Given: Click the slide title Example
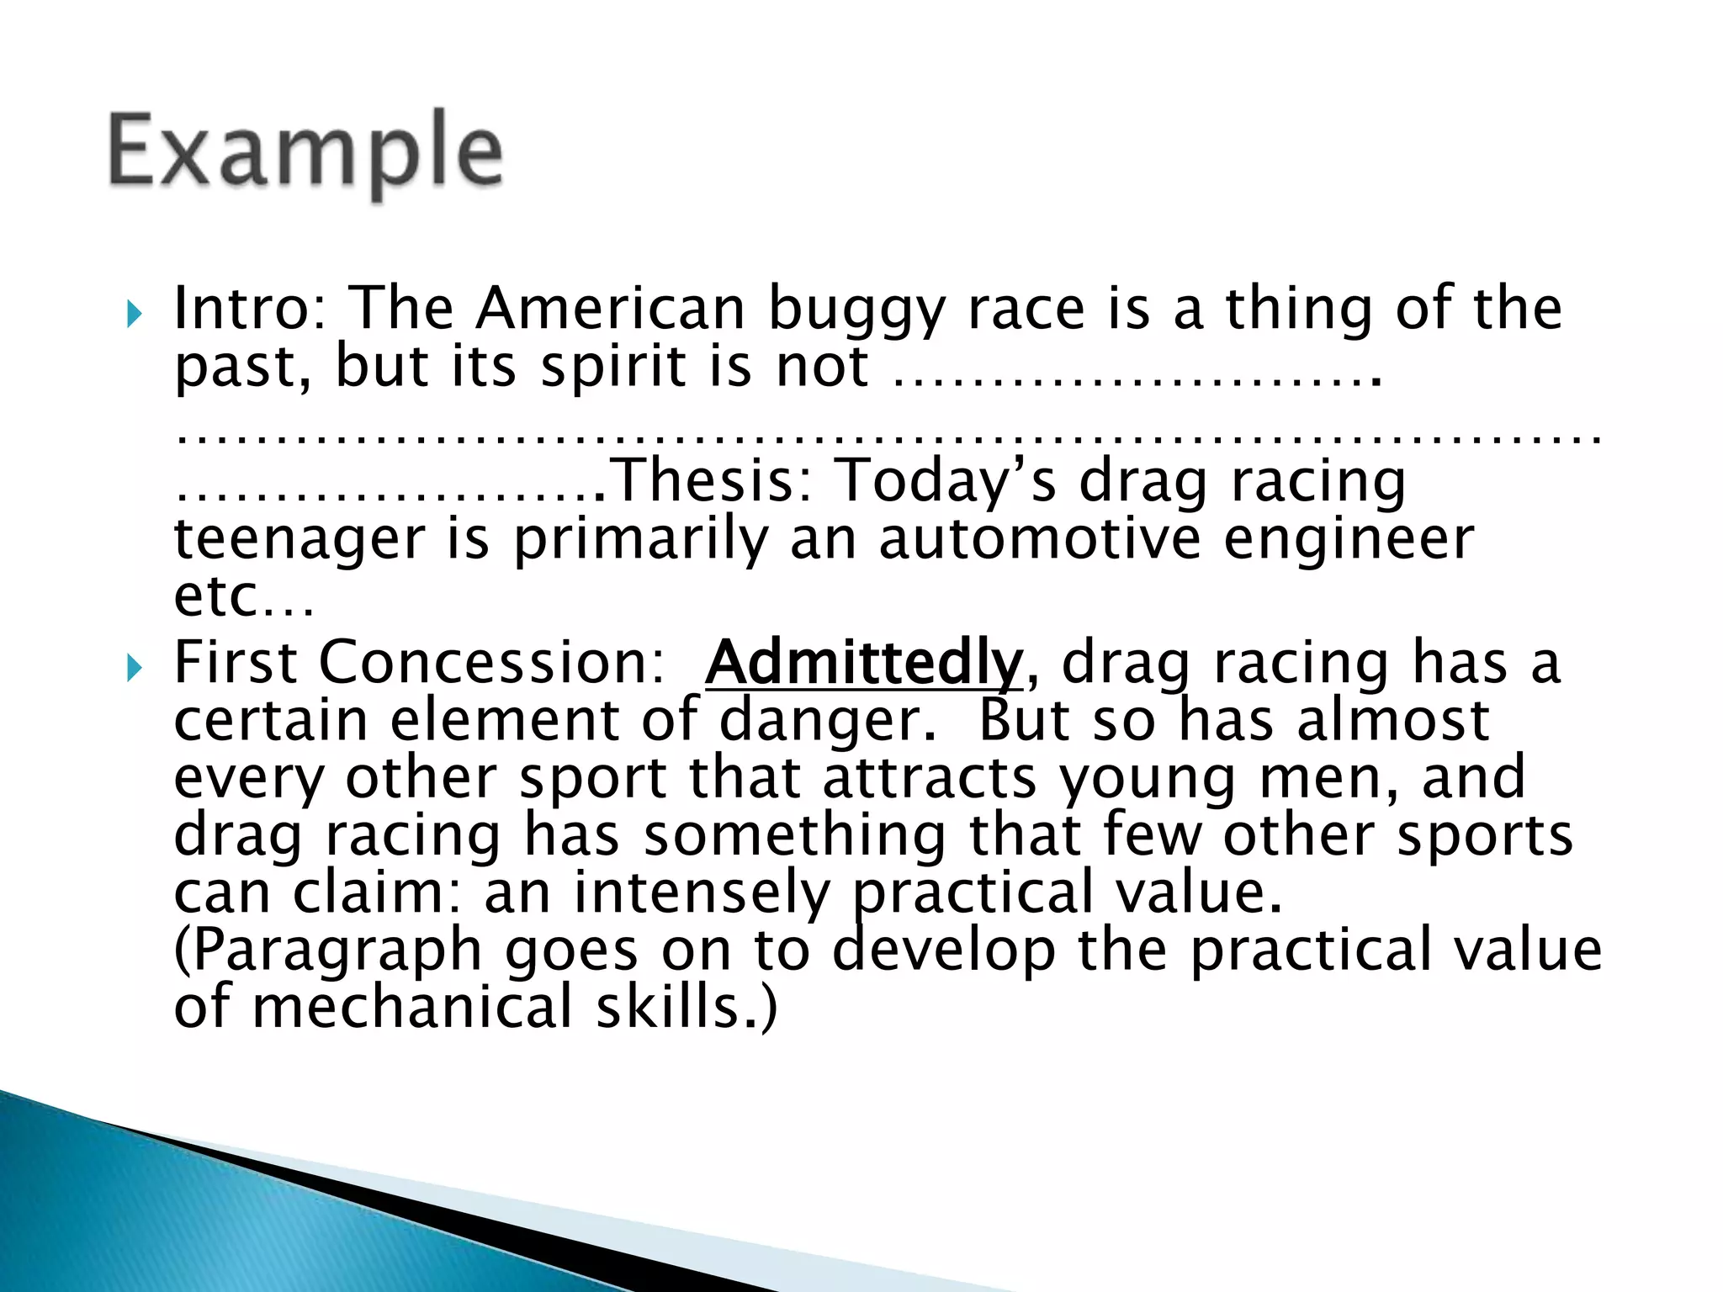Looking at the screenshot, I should (305, 153).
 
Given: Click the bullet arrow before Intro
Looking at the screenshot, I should (134, 315).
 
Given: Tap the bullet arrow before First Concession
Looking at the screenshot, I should (134, 670).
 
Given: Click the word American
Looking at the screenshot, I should (610, 308).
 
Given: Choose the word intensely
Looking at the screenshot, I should (702, 892).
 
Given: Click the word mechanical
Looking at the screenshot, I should (412, 1007).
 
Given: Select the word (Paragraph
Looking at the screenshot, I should (327, 951).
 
